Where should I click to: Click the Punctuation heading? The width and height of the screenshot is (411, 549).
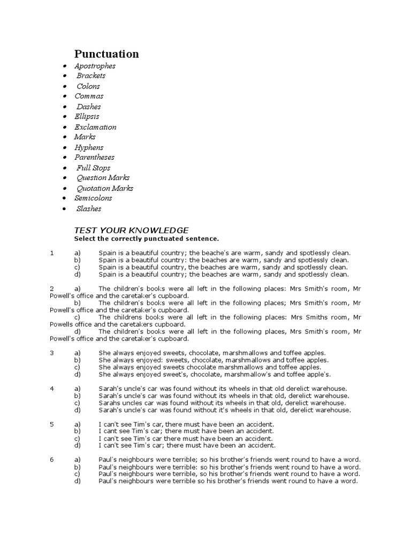pos(106,54)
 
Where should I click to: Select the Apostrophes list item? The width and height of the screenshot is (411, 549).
pos(95,66)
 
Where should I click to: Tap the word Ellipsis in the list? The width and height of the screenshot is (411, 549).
pos(87,116)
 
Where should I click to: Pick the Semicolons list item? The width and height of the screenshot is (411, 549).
pos(93,198)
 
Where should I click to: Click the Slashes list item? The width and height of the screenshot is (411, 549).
pos(88,209)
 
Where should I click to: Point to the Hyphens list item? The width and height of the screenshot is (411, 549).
pos(89,147)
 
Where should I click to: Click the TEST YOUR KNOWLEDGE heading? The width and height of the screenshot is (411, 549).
pos(131,229)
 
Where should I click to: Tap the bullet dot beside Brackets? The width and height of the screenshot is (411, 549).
pos(65,76)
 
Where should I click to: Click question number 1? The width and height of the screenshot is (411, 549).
pos(52,253)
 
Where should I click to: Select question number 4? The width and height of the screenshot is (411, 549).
pos(52,388)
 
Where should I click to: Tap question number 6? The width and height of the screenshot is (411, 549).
pos(52,459)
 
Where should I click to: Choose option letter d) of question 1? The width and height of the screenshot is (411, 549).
pos(77,274)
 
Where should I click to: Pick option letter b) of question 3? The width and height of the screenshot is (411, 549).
pos(77,360)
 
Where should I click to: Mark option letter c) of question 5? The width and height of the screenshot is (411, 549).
pos(77,438)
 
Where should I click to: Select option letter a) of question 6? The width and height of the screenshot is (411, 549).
pos(77,459)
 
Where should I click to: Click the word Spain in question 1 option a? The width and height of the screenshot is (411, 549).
pos(107,253)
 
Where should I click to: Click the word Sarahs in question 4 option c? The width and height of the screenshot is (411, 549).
pos(110,403)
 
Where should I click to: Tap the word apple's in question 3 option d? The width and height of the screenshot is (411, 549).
pos(319,374)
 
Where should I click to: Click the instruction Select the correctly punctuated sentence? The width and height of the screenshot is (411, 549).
pos(146,239)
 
